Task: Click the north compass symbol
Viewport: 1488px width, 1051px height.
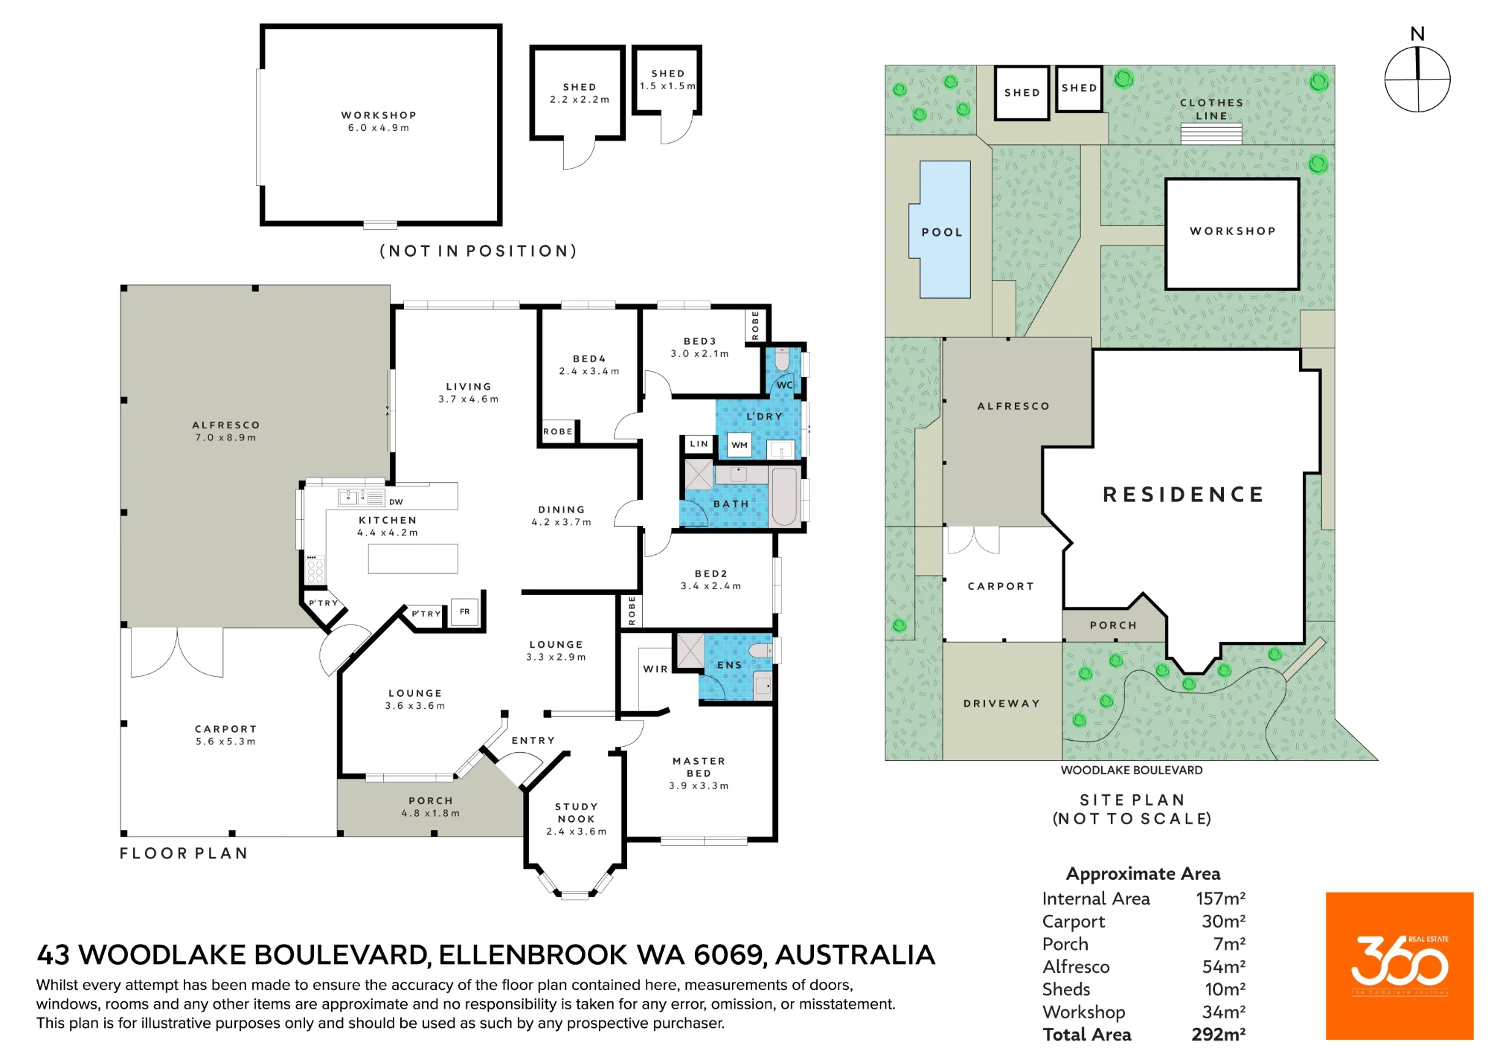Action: tap(1417, 79)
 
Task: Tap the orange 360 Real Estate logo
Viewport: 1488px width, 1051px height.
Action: tap(1399, 965)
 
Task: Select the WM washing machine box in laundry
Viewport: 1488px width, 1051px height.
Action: tap(739, 445)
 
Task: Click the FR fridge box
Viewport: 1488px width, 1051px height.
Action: tap(464, 612)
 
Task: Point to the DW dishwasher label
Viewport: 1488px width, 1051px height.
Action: tap(396, 502)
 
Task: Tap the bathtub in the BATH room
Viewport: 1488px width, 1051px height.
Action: tap(784, 496)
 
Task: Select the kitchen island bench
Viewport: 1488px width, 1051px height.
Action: tap(413, 559)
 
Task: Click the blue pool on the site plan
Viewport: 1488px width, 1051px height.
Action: tap(941, 229)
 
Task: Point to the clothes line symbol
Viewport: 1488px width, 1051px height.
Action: tap(1211, 133)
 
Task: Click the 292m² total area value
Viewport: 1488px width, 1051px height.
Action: tap(1218, 1035)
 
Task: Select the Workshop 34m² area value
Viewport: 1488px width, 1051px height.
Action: tap(1224, 1012)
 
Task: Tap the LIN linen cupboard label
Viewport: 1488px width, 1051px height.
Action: tap(699, 444)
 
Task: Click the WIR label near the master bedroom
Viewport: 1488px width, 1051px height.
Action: tap(655, 669)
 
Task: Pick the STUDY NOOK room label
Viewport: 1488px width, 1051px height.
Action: tap(577, 812)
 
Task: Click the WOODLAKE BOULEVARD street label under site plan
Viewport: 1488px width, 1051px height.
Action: tap(1132, 771)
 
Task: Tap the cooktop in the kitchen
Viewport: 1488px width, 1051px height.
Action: tap(315, 568)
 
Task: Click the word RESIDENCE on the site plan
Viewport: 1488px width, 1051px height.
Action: tap(1183, 495)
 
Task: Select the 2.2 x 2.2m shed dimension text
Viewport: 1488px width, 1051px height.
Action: tap(580, 100)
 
